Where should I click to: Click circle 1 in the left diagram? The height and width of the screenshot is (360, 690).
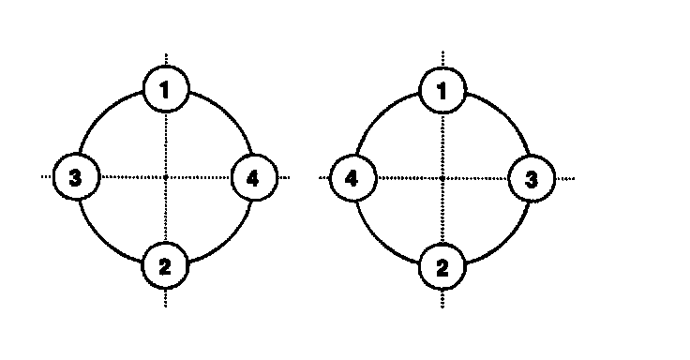tap(166, 89)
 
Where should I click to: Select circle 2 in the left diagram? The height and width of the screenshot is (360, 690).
tap(165, 266)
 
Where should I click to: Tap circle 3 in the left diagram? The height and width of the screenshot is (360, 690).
tap(76, 177)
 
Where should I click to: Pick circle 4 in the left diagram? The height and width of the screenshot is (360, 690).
tap(254, 178)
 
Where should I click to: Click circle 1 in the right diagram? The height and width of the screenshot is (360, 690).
tap(442, 91)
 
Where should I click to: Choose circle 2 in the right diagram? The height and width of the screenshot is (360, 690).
tap(442, 267)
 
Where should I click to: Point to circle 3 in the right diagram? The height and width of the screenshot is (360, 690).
tap(532, 179)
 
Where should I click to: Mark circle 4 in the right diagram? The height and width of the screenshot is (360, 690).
tap(353, 178)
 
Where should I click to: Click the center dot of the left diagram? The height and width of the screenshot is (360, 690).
tap(165, 177)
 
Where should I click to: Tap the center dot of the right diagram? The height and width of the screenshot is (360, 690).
tap(442, 178)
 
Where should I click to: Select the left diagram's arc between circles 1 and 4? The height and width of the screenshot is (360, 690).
tap(228, 115)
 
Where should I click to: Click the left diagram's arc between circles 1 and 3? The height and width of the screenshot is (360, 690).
tap(103, 115)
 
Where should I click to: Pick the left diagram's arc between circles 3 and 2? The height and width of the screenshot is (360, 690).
tap(103, 240)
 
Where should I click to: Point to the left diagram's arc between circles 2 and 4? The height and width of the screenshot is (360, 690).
tap(228, 240)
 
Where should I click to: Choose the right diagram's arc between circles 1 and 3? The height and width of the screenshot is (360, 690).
tap(505, 116)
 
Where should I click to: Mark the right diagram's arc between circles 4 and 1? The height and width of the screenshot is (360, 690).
tap(381, 116)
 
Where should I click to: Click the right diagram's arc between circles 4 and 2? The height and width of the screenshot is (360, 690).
tap(381, 241)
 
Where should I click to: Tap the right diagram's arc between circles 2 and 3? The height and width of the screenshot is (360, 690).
tap(505, 241)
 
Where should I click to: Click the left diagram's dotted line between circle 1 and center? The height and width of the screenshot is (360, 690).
tap(166, 143)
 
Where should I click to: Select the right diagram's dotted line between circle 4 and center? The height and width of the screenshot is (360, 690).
tap(409, 178)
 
